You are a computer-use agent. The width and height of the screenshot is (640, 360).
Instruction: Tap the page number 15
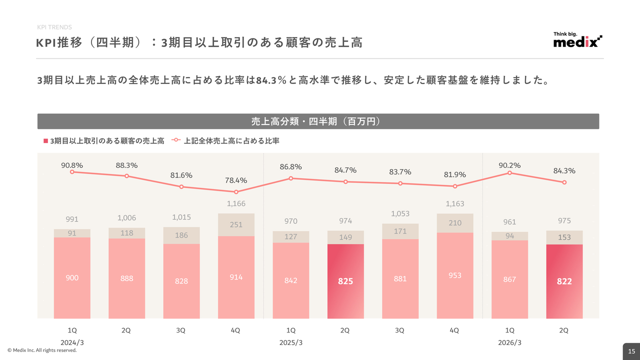coord(631,351)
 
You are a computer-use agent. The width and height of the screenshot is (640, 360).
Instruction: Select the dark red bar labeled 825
coord(345,281)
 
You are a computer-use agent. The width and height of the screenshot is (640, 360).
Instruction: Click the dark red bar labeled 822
coord(564,281)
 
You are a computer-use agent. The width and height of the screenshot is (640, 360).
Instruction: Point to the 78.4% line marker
coord(236,192)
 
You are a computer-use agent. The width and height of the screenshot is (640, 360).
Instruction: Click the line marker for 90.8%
coord(72,172)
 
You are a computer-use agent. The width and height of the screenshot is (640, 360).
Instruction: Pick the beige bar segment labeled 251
coord(236,225)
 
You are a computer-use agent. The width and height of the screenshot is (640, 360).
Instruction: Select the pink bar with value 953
coord(455,275)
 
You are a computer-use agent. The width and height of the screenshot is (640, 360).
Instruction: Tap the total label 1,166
coord(236,203)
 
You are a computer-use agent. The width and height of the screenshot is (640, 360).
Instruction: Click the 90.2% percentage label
coord(509,165)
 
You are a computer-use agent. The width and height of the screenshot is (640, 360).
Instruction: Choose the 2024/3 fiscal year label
coord(72,342)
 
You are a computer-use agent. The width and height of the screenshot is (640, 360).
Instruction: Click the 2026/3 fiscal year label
coord(510,342)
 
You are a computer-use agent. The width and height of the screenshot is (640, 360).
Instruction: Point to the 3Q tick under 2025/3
coord(400,330)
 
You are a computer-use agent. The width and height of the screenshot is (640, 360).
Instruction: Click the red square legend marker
coord(45,141)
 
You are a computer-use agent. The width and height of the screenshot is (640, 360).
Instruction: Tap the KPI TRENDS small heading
coord(54,27)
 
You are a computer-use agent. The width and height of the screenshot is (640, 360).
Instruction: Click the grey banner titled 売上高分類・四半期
coord(318,121)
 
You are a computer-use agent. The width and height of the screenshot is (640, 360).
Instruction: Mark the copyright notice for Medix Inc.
coord(42,350)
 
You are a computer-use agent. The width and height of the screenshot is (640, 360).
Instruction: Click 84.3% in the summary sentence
coord(270,80)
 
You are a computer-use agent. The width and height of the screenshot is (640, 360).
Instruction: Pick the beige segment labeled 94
coord(509,236)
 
